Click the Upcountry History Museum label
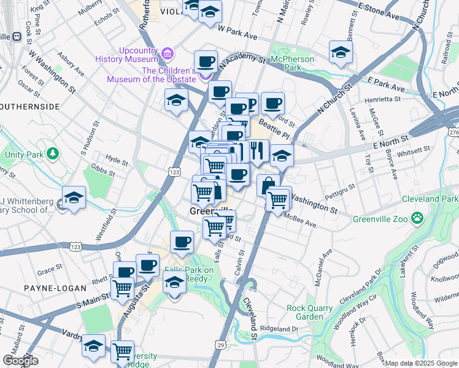point(126,54)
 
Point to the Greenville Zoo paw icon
point(418,218)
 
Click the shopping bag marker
point(266,185)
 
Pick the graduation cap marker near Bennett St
point(341,52)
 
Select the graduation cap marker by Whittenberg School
point(74,197)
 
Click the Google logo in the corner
point(20,361)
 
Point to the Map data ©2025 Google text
point(421,363)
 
